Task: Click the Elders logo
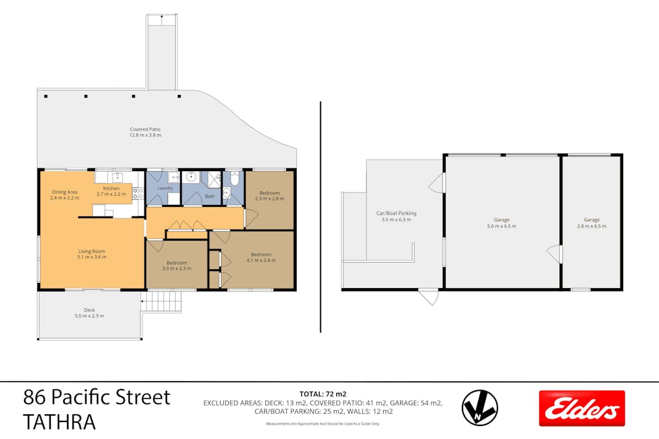click(582, 408)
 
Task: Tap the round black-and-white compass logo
click(479, 408)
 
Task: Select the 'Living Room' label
click(91, 251)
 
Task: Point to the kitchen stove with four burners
click(138, 193)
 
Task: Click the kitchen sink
click(118, 176)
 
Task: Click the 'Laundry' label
click(165, 188)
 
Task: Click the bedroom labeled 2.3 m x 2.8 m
click(269, 196)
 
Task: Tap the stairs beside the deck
click(161, 301)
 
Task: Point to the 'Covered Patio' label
click(145, 129)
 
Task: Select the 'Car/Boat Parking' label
click(396, 213)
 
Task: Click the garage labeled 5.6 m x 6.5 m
click(502, 222)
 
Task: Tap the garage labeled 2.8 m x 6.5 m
click(591, 222)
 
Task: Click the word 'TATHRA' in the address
click(59, 422)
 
